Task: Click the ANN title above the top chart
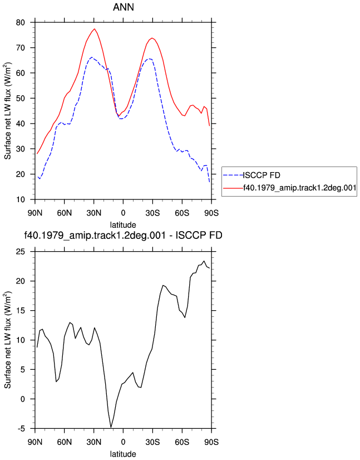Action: click(124, 7)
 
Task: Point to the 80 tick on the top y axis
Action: click(21, 23)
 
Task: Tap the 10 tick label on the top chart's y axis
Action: click(21, 200)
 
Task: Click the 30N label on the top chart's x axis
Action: click(94, 213)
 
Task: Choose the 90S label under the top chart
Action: click(211, 213)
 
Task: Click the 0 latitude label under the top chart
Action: click(123, 213)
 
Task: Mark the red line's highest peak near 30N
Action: click(95, 29)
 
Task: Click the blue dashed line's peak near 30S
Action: click(149, 58)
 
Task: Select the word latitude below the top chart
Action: click(123, 225)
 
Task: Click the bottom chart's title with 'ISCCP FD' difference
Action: click(123, 235)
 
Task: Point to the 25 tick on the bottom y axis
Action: click(21, 252)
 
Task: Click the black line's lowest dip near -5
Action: click(111, 427)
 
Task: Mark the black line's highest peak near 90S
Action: click(204, 261)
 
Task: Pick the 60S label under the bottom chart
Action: click(182, 442)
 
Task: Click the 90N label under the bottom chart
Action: click(35, 442)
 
